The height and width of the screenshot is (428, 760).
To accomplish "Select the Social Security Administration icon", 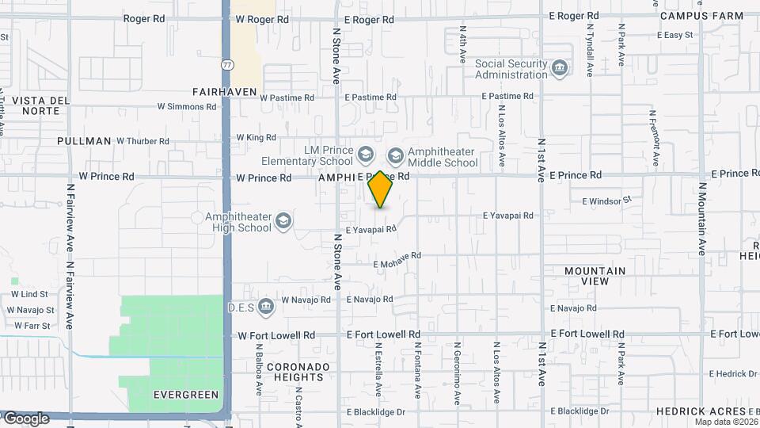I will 560,69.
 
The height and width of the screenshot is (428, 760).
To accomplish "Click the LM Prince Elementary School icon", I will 365,153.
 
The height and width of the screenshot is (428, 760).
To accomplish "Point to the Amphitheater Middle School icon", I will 395,154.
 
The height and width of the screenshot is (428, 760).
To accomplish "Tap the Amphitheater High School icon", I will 283,221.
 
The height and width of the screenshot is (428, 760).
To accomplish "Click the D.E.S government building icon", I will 266,306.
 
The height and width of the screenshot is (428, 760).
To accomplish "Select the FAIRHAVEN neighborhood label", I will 225,92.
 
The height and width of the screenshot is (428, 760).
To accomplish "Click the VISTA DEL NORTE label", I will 36,105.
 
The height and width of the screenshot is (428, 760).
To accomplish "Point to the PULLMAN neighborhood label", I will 84,141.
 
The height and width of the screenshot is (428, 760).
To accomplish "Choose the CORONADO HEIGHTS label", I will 298,373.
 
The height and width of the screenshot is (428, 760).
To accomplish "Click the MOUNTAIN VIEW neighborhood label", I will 595,276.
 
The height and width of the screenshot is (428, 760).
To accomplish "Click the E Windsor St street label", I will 607,201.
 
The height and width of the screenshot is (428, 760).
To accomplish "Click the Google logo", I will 25,418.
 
